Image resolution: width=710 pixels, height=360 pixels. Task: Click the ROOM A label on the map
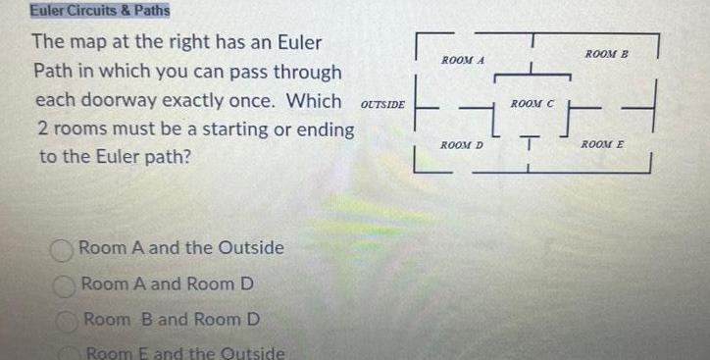pos(463,61)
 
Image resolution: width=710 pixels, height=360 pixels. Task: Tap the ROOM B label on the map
pos(607,53)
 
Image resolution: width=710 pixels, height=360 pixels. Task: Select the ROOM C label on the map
pos(533,103)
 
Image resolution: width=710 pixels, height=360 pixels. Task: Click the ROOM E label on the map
pos(602,145)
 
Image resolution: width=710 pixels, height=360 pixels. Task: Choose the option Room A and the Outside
pos(181,248)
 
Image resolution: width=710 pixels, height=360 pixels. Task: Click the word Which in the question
pos(312,101)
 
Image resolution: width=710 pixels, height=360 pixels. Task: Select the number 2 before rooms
pos(42,129)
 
